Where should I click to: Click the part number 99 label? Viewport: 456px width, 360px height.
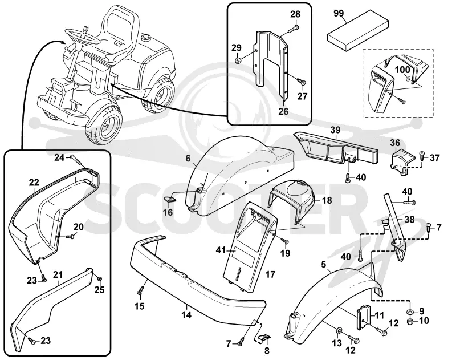tap(339, 13)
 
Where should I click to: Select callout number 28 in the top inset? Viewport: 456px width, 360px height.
tap(295, 14)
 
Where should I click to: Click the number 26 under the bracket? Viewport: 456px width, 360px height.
tap(283, 111)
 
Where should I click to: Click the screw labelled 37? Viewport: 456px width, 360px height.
tap(422, 156)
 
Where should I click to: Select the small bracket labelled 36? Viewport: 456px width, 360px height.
tap(402, 162)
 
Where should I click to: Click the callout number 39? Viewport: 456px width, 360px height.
tap(335, 130)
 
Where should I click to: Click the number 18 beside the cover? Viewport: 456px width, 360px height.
tap(327, 200)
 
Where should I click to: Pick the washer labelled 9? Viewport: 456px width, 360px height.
tap(410, 312)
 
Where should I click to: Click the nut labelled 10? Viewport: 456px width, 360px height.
tap(410, 321)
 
